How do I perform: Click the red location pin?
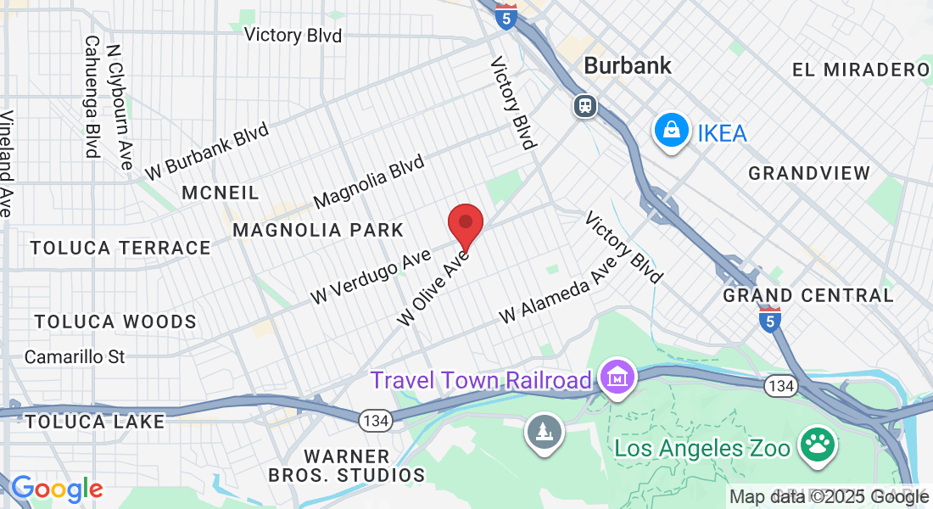pos(466,225)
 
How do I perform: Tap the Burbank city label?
pos(628,65)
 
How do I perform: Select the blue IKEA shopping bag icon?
pos(671,132)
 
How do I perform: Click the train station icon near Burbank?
pos(584,105)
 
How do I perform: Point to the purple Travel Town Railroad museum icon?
pos(617,378)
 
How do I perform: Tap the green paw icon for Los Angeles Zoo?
pos(818,445)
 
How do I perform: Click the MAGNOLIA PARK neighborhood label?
pos(318,230)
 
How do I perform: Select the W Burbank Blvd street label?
pos(206,151)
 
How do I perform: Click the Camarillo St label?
pos(75,356)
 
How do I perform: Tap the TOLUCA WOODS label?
pos(115,322)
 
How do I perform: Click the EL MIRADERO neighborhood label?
pos(861,70)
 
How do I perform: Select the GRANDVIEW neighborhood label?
pos(809,173)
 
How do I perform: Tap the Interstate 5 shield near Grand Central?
pos(769,319)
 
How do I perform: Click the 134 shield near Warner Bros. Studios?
pos(374,419)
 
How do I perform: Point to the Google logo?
pos(57,489)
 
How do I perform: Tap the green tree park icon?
pos(544,433)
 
